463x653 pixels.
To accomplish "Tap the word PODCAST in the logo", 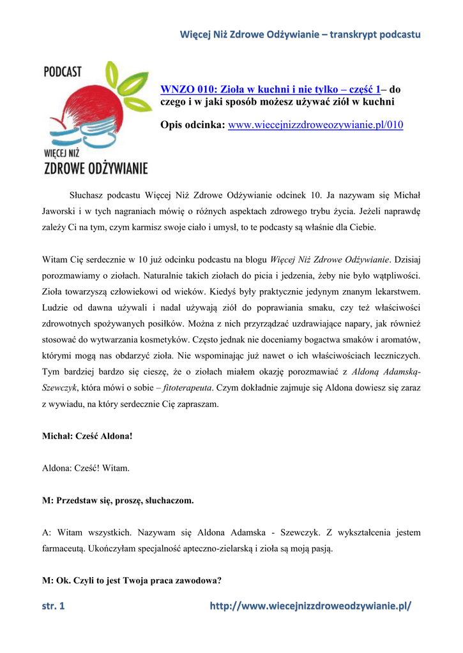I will [63, 71].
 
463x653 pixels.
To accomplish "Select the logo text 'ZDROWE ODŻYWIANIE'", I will [95, 168].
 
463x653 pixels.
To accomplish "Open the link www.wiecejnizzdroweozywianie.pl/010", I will [315, 124].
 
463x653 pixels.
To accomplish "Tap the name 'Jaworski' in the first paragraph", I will [60, 210].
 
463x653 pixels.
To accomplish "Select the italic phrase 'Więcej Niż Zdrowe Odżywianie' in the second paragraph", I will [330, 260].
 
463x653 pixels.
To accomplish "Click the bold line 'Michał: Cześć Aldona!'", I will [87, 437].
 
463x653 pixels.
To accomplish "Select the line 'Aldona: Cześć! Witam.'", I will [86, 469].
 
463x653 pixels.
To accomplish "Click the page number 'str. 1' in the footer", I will [54, 606].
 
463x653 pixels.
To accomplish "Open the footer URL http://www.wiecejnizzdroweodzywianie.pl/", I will [310, 606].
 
